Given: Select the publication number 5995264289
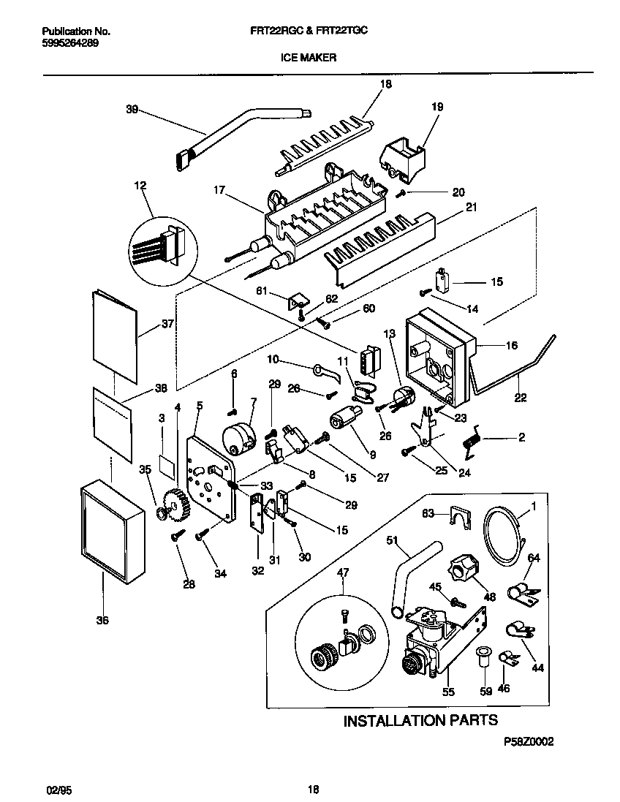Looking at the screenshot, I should tap(67, 43).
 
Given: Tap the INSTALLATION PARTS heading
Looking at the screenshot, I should tap(420, 720).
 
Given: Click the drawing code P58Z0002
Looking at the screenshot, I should tap(528, 741).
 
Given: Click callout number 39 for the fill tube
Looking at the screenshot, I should tap(132, 110).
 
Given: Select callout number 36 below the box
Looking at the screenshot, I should tap(102, 621).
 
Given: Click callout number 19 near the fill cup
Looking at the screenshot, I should tap(436, 107).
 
